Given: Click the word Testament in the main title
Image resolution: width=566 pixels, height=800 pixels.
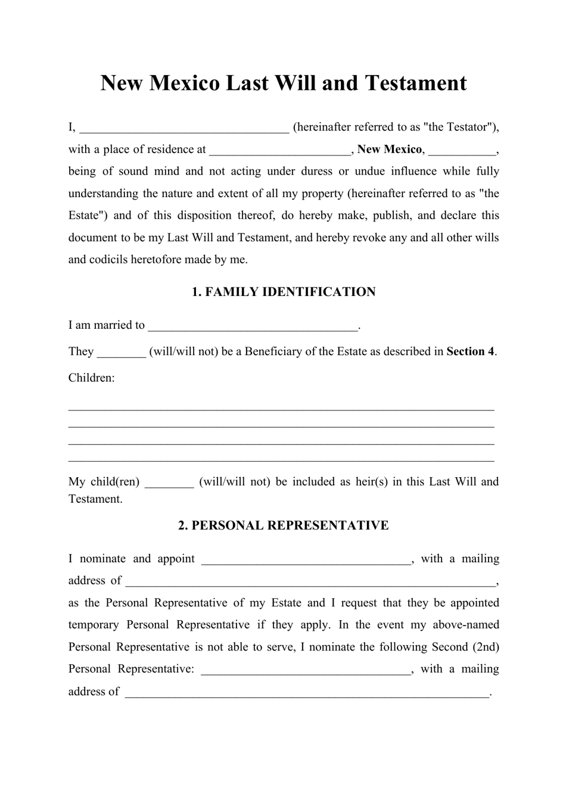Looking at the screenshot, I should pyautogui.click(x=415, y=83).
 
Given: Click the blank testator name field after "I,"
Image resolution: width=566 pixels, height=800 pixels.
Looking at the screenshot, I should pyautogui.click(x=184, y=127).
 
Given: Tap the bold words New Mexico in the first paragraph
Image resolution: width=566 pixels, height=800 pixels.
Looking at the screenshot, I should pyautogui.click(x=390, y=150).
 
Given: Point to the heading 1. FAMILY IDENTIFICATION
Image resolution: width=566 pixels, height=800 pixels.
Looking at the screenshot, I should pyautogui.click(x=283, y=292).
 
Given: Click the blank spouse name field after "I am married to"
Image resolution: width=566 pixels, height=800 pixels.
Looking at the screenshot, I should pyautogui.click(x=253, y=326).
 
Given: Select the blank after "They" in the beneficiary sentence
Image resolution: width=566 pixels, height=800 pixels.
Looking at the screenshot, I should pyautogui.click(x=121, y=352).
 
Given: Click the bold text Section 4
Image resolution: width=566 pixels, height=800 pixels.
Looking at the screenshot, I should pyautogui.click(x=470, y=351).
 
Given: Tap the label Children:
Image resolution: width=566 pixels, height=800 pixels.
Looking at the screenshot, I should pyautogui.click(x=91, y=378).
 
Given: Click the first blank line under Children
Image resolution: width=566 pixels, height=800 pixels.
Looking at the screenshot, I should pyautogui.click(x=281, y=409).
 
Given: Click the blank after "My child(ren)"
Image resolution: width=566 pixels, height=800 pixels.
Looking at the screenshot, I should pyautogui.click(x=169, y=483).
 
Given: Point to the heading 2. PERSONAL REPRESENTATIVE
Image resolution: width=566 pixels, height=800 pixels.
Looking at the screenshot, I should pyautogui.click(x=283, y=525).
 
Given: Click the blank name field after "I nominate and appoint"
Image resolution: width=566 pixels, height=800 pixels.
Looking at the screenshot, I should pyautogui.click(x=306, y=559).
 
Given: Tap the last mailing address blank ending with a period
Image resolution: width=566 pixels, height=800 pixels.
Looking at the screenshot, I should pyautogui.click(x=306, y=692).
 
